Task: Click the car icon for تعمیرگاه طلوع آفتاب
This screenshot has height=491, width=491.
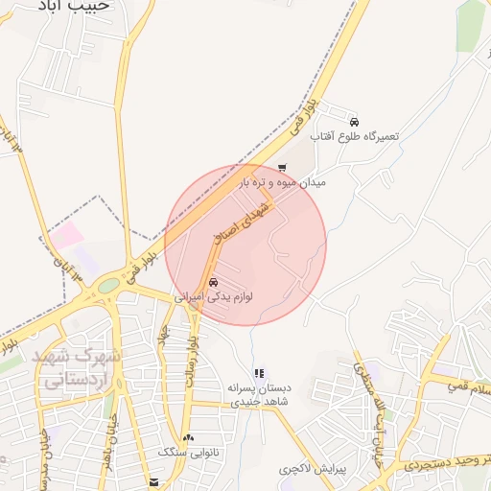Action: coord(355,123)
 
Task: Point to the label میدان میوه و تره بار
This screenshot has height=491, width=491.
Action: coord(283,181)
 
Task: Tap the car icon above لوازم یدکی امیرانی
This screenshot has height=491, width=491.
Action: coord(213,283)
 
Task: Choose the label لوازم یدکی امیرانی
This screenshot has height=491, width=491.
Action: coord(213,298)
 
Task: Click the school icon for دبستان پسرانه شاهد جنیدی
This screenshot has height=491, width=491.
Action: coord(259,373)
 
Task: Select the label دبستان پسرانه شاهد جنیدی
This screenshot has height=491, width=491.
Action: coord(259,395)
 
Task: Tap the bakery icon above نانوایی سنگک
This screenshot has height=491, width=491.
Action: coord(187,437)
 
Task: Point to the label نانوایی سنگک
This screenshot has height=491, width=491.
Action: coord(188,452)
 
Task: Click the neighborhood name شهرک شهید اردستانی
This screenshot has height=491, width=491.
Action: coord(77,366)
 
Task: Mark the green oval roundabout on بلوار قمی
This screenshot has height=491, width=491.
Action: coord(108,285)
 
